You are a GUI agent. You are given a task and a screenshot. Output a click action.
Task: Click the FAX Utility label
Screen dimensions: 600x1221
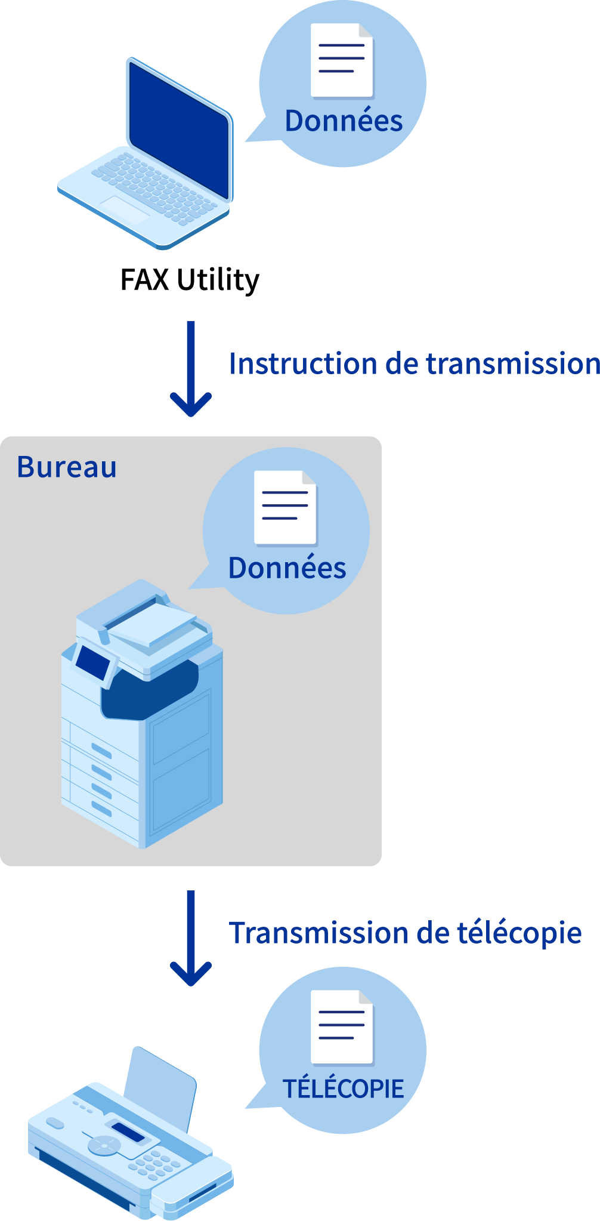coord(190,280)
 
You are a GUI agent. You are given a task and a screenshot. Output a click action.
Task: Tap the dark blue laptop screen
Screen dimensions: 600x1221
coord(179,130)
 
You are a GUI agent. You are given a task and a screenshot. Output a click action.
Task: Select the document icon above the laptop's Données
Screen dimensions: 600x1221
coord(342,60)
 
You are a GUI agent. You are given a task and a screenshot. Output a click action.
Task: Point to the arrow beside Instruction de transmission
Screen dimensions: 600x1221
coord(191,369)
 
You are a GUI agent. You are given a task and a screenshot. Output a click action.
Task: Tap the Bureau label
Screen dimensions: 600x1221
coord(67,467)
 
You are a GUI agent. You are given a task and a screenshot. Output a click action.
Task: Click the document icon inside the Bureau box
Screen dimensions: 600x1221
coord(286,508)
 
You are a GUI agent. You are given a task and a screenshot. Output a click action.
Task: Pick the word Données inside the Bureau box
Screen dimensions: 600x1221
coord(287,568)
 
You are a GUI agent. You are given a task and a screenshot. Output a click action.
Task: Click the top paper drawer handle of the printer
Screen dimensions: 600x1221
coord(101,751)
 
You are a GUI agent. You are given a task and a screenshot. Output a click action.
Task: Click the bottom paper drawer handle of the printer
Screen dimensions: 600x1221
coord(101,808)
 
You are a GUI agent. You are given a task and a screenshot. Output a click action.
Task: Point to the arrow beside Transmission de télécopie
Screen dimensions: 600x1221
coord(191,938)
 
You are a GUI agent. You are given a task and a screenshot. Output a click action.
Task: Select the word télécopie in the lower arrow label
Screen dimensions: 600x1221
coord(519,933)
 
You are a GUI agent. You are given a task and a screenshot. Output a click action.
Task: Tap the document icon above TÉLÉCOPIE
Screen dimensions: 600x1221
coord(342,1027)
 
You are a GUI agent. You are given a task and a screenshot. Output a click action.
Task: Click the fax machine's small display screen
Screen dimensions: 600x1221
coord(128,1132)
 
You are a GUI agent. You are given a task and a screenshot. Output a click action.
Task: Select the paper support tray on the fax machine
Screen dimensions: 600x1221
coord(160,1089)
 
